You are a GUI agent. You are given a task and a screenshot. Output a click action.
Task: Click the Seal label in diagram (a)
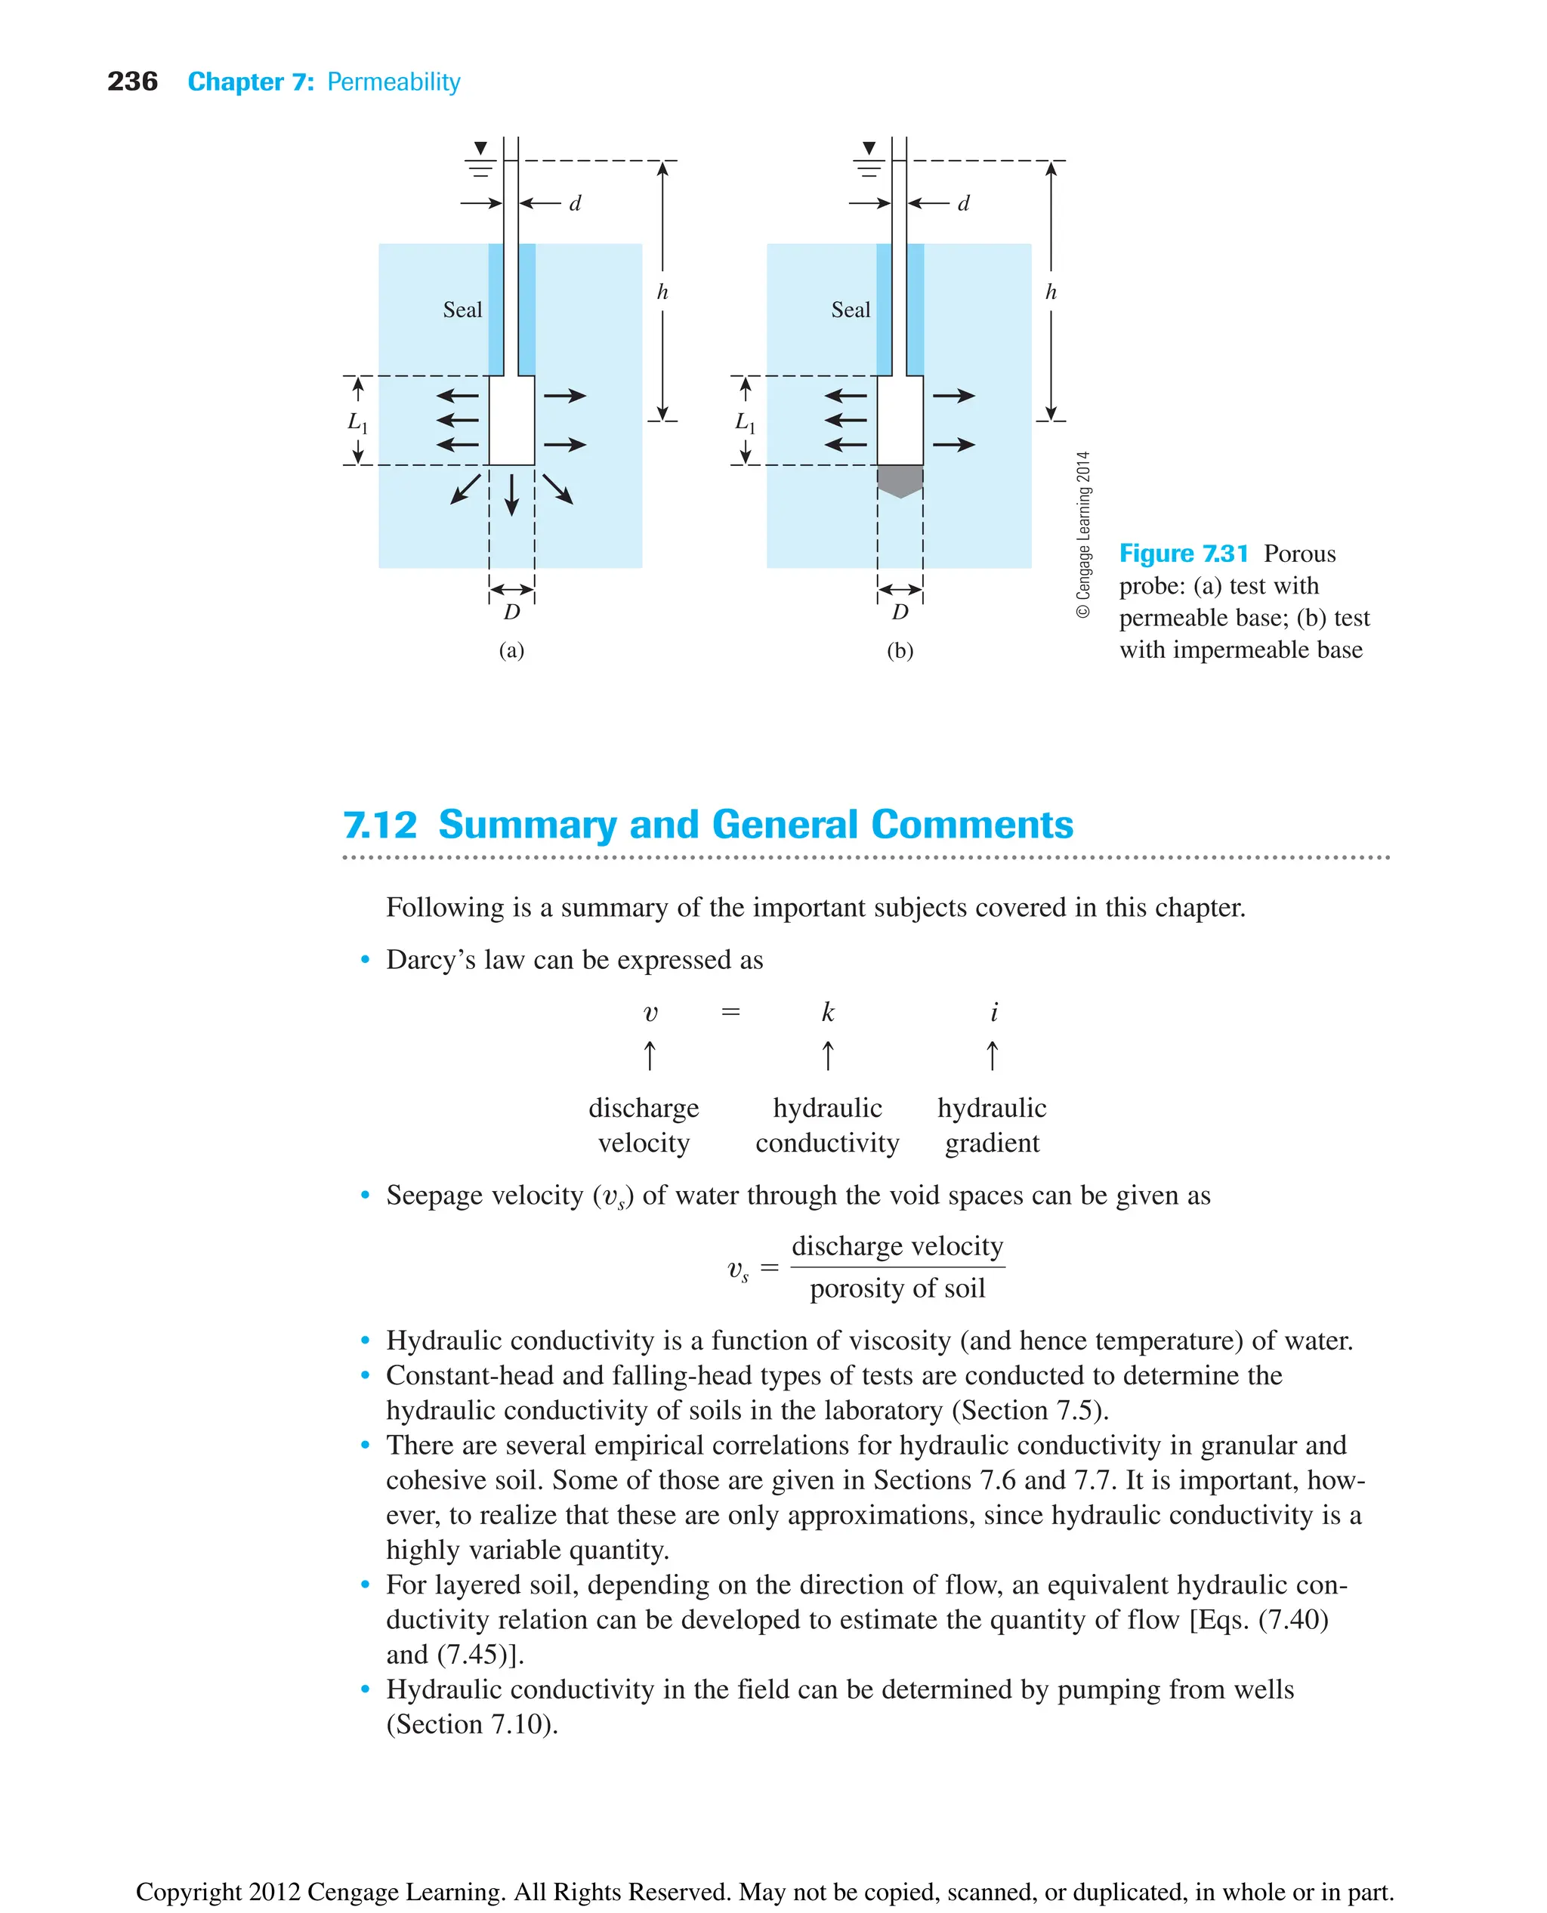point(462,310)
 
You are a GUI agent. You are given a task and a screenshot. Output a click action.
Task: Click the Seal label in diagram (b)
point(850,310)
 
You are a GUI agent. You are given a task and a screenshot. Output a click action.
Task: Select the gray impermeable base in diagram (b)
point(900,480)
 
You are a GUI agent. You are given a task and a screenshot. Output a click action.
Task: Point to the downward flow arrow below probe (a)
point(511,495)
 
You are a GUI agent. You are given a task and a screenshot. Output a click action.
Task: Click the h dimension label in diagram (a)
point(662,292)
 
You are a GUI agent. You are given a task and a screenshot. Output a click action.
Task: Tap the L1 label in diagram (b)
point(744,421)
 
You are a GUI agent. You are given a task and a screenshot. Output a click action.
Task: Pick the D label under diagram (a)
point(511,612)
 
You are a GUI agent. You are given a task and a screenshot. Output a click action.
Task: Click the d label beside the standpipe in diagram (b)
point(963,204)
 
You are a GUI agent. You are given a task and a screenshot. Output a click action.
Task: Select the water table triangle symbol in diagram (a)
point(480,148)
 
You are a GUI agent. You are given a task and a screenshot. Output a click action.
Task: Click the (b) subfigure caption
point(900,650)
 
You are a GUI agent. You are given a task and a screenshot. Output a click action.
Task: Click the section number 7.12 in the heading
point(380,824)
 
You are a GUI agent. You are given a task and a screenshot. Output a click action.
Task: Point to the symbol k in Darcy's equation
point(828,1012)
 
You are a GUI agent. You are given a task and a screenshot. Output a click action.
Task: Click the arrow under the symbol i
point(993,1056)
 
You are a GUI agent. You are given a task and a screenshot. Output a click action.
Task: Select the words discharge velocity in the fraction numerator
point(897,1245)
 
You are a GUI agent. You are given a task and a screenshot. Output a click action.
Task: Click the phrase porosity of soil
point(897,1288)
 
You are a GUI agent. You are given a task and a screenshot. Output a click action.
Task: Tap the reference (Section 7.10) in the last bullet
point(472,1724)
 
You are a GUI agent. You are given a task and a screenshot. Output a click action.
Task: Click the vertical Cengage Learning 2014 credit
point(1082,535)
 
